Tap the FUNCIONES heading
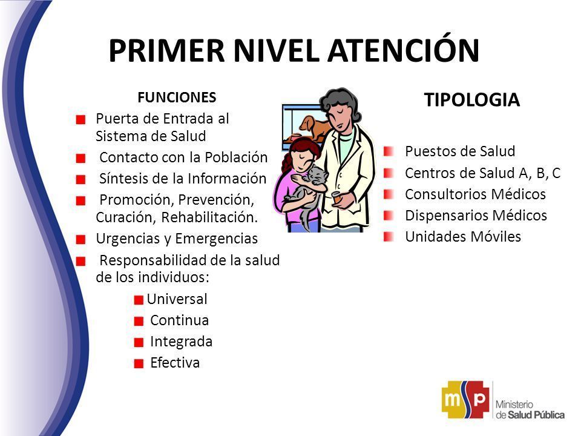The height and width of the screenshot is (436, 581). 177,97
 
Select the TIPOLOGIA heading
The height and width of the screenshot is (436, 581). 471,100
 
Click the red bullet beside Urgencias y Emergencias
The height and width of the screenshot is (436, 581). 80,240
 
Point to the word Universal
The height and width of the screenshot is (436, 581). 177,299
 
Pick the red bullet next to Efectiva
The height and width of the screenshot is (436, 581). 139,364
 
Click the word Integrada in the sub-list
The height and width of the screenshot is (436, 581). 181,342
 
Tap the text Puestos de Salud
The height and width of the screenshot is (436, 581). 460,151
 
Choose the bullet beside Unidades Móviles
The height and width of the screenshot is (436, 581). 389,237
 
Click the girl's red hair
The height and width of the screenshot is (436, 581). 300,152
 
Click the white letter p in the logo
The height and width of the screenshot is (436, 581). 479,399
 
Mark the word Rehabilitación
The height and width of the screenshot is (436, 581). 209,217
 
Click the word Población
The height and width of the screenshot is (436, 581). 236,157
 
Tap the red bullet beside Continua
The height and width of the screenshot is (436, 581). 139,321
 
